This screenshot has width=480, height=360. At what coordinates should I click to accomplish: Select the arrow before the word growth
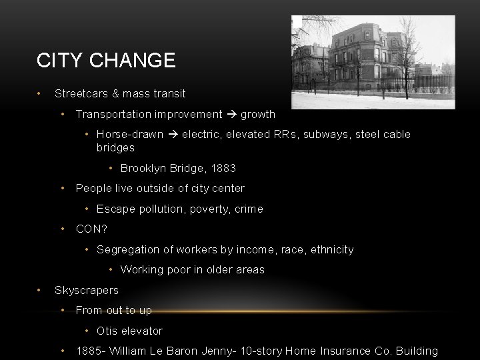click(231, 114)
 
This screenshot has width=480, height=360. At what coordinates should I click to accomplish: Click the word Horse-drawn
click(130, 134)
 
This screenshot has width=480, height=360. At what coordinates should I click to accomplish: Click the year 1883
click(223, 168)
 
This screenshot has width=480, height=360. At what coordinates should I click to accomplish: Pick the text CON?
click(91, 229)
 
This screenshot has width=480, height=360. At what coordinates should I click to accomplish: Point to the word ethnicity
click(329, 249)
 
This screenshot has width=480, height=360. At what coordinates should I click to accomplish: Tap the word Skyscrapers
click(87, 290)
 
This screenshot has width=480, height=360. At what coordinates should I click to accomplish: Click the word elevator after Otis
click(142, 331)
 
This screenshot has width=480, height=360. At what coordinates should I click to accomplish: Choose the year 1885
click(89, 351)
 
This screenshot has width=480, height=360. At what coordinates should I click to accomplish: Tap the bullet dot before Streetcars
click(41, 93)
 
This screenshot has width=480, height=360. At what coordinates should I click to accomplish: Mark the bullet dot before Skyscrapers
click(41, 290)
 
